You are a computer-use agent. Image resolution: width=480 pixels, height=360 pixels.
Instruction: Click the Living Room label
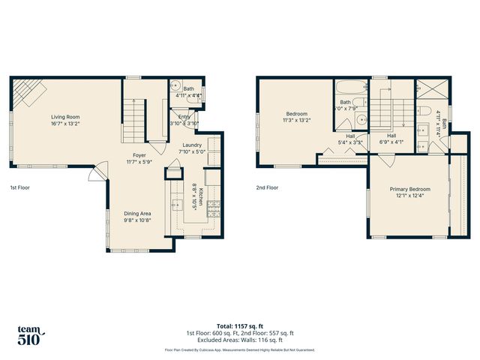[x=65, y=117]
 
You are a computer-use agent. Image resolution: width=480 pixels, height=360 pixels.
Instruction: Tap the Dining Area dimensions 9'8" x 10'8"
[x=137, y=220]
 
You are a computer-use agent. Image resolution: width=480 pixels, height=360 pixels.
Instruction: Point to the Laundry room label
[x=191, y=144]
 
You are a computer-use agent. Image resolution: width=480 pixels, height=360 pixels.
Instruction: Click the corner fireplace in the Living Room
[x=28, y=93]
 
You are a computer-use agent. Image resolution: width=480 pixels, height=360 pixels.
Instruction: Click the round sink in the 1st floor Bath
[x=175, y=86]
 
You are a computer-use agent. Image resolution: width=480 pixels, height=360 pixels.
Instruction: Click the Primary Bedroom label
[x=409, y=189]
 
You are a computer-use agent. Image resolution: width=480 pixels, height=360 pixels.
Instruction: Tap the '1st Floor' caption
[x=19, y=187]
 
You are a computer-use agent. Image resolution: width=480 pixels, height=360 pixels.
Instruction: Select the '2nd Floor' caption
[x=266, y=187]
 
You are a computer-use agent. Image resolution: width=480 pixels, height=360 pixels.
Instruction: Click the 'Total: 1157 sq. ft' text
[x=240, y=326]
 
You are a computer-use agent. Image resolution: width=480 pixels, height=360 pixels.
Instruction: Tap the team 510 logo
[x=32, y=334]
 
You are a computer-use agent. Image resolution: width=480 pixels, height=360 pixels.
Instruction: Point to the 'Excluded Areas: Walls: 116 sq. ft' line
[x=240, y=339]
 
